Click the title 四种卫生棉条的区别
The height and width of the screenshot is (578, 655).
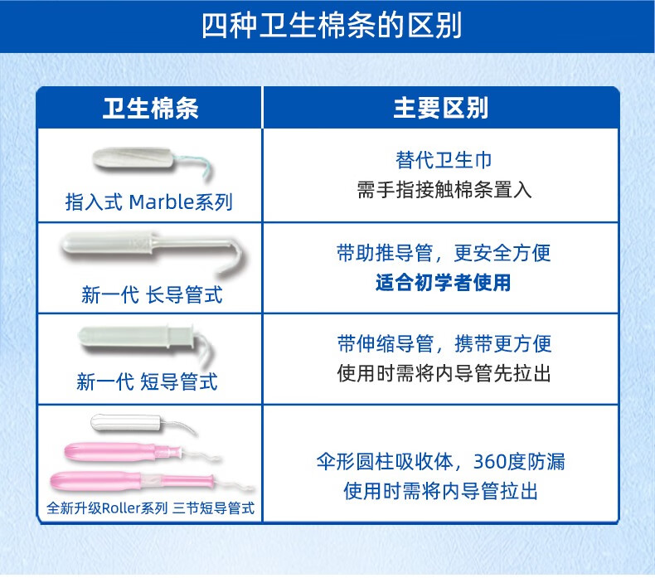pos(332,25)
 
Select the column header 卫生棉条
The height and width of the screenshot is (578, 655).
pos(150,109)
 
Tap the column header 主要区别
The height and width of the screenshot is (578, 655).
pos(441,109)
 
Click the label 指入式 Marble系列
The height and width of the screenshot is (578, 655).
pos(148,202)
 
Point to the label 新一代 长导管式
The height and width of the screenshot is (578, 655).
pos(152,294)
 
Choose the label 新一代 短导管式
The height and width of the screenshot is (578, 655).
pos(147,382)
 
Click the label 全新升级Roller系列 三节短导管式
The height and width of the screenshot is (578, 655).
pos(150,508)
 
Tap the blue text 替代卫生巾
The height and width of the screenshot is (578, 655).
pos(444,160)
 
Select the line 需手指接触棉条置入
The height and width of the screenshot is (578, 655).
pos(444,190)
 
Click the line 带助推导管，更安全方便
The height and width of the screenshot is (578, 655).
pos(444,253)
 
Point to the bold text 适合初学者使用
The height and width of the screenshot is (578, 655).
pos(444,283)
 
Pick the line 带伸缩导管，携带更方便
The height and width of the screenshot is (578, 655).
pos(444,344)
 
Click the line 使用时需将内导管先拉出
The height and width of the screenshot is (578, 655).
pos(444,373)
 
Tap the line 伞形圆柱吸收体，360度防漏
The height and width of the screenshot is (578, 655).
pos(441,462)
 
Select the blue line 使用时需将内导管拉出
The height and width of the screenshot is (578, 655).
pos(441,491)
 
